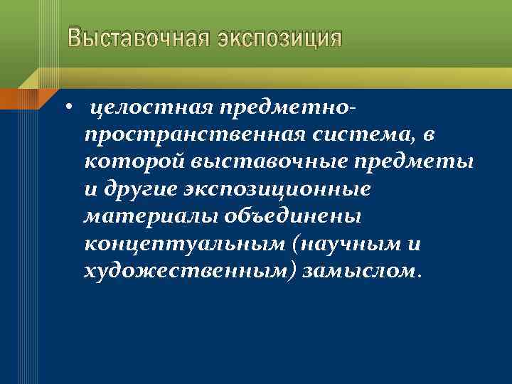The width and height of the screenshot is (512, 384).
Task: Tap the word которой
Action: tap(133, 163)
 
